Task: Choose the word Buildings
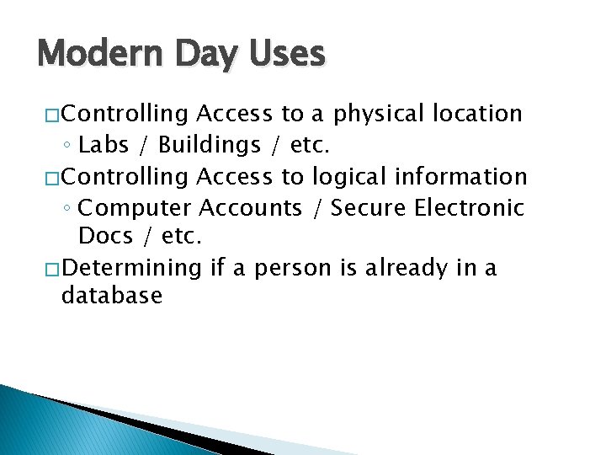click(210, 146)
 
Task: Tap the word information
click(462, 176)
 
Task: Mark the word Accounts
click(250, 207)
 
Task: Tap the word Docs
click(106, 237)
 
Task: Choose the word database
click(112, 296)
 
